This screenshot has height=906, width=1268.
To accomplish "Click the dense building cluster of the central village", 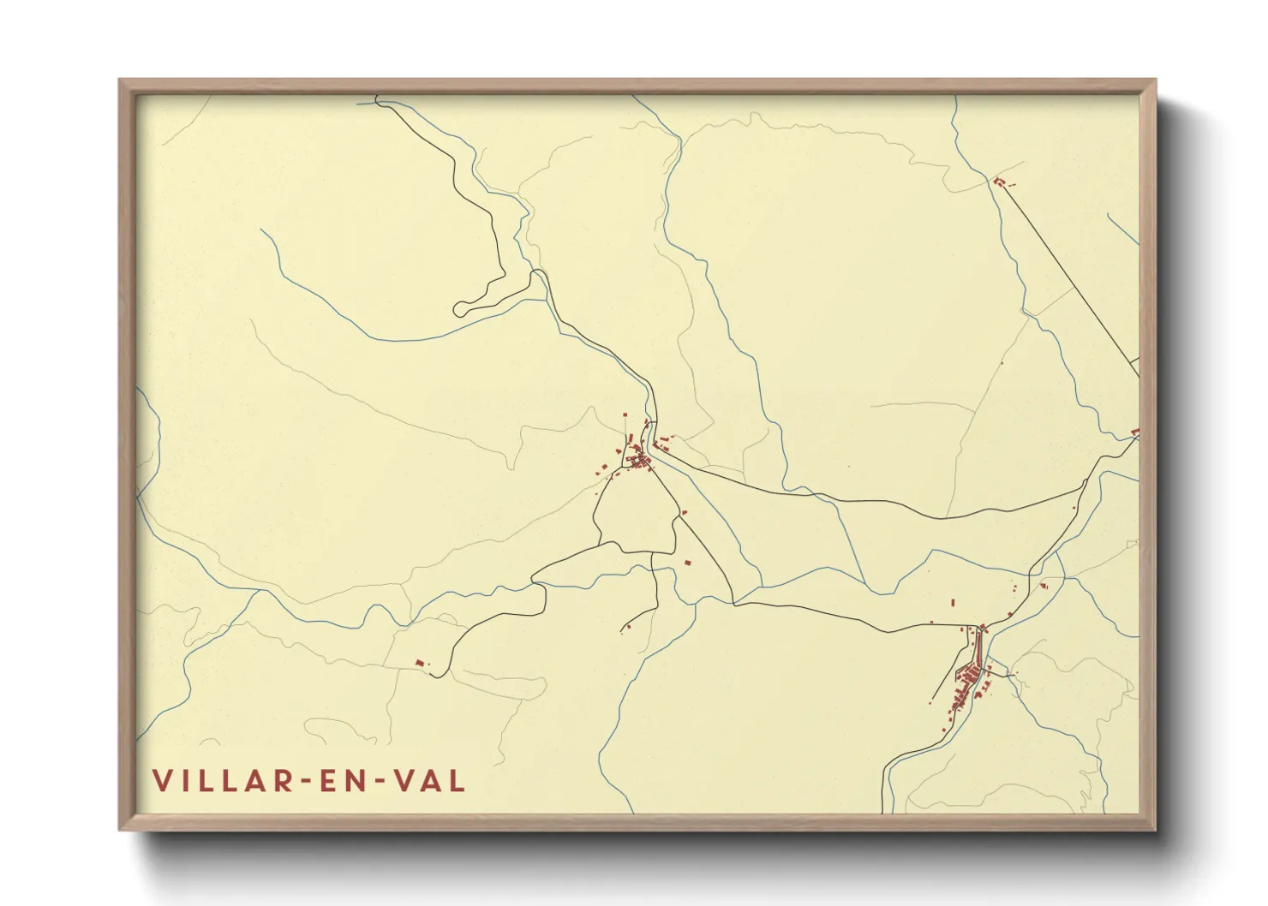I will [x=639, y=461].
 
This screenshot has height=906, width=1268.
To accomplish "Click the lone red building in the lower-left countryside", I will [x=419, y=662].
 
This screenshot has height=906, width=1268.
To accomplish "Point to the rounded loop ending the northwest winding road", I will [x=461, y=308].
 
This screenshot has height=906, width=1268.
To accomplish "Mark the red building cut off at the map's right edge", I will [x=1135, y=432].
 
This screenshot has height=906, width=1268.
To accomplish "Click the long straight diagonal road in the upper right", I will [x=1071, y=274].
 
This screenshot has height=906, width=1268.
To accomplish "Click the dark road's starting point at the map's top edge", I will [x=377, y=101].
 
